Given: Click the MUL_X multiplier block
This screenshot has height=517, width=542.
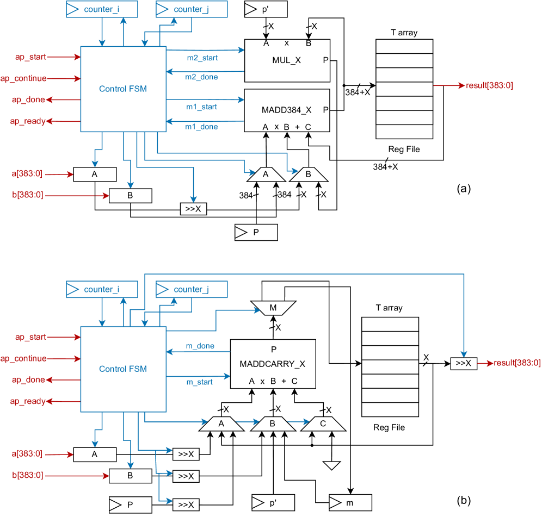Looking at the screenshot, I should [x=287, y=60].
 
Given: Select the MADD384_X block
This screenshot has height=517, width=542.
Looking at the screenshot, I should [x=287, y=110].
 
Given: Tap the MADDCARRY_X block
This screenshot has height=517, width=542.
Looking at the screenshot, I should [x=273, y=364].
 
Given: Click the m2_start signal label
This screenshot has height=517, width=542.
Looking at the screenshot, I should [x=202, y=58].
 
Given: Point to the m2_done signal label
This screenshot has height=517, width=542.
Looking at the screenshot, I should [x=201, y=77].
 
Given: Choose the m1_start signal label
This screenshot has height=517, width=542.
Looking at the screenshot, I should [x=201, y=107].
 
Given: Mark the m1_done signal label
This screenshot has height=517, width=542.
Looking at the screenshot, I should [x=201, y=127].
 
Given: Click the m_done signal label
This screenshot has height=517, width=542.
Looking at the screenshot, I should [x=200, y=346].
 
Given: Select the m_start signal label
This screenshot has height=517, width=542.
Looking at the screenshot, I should [x=200, y=382].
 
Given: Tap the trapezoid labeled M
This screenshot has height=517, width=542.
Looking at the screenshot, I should [x=273, y=308].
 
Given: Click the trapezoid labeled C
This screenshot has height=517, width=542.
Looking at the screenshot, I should [x=323, y=424].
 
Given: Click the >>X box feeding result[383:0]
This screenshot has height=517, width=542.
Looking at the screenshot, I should [x=463, y=363].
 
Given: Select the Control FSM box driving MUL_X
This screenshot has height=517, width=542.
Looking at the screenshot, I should [x=123, y=89].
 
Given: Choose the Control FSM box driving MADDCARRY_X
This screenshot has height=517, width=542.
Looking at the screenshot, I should [x=123, y=369].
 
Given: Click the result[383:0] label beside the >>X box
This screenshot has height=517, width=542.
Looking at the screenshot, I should [x=517, y=363].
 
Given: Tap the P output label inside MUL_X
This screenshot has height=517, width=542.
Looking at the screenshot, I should [x=325, y=60].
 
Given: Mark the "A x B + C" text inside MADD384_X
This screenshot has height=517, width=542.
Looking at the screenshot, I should [x=287, y=127].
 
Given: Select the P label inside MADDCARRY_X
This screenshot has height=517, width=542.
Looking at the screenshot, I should [x=273, y=350].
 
